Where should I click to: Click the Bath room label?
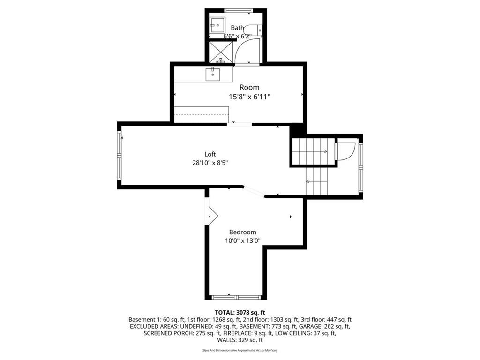[237, 28]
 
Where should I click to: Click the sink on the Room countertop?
[213, 75]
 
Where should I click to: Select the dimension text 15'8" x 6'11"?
[249, 97]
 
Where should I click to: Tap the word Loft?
[210, 154]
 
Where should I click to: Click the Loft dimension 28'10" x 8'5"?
[210, 163]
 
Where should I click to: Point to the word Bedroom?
[243, 232]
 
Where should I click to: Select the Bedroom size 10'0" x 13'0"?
[243, 240]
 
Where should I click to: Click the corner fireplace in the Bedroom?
[212, 216]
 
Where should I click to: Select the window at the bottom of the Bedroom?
[237, 297]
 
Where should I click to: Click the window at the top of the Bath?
[238, 11]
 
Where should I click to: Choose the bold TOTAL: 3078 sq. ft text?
[240, 313]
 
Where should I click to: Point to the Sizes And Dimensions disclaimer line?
[240, 350]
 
